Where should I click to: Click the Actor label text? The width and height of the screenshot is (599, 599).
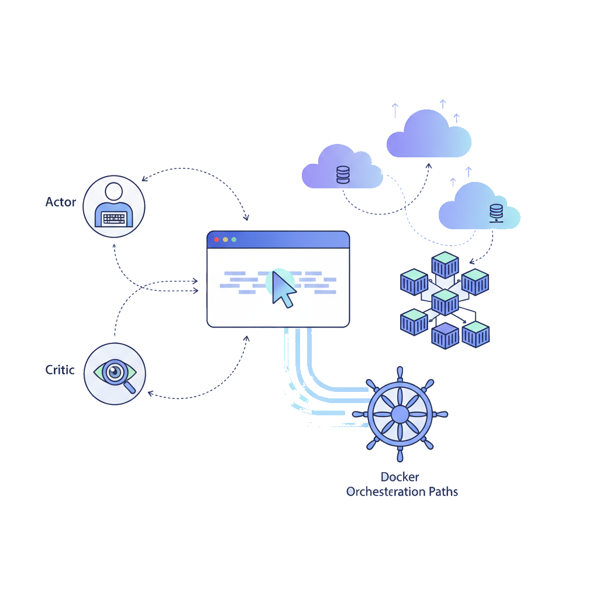(61, 202)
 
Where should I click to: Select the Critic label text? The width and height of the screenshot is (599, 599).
(60, 370)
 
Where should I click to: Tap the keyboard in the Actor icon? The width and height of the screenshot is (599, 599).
(114, 218)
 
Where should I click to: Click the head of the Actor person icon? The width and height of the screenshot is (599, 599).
(114, 191)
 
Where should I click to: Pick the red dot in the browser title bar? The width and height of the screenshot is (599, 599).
(217, 239)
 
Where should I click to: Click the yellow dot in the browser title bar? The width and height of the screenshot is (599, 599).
(226, 239)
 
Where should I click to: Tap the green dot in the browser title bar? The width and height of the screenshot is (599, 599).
(234, 239)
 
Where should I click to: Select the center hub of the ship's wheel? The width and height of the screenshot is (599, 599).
(400, 414)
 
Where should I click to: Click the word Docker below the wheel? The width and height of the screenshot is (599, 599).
(400, 477)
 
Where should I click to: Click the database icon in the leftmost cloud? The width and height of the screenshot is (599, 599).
(343, 174)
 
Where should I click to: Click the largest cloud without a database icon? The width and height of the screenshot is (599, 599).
(429, 135)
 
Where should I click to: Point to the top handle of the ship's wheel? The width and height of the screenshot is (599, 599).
(400, 373)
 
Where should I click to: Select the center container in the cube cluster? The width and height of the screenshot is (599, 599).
(445, 302)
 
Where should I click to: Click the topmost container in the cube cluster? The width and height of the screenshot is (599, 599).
(445, 264)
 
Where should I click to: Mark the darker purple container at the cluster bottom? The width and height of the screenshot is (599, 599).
(445, 335)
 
